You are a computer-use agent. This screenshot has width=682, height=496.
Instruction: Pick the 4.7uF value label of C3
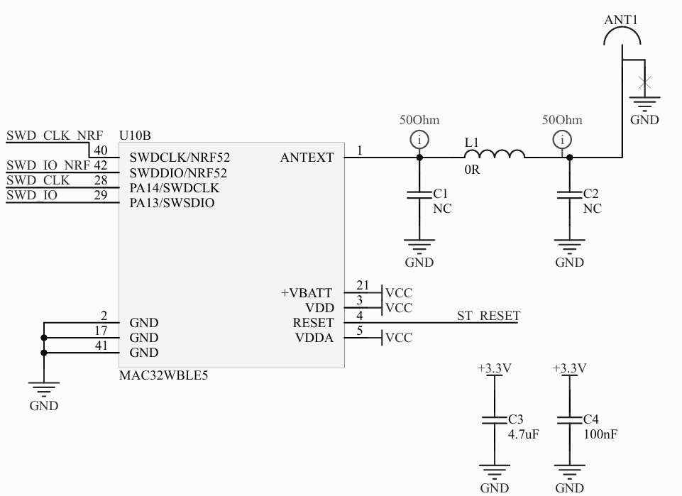[x=524, y=434]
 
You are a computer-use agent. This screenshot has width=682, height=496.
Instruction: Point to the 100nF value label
[x=600, y=434]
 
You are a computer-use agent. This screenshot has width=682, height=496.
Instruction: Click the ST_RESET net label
[x=488, y=316]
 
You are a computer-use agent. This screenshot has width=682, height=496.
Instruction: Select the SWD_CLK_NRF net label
[x=55, y=136]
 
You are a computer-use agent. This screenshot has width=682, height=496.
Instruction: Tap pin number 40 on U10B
[x=101, y=150]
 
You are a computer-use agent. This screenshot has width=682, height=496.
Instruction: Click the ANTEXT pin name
[x=307, y=158]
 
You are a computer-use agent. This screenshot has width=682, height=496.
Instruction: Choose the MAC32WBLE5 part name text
[x=164, y=375]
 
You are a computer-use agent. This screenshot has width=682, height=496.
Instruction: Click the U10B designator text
[x=136, y=136]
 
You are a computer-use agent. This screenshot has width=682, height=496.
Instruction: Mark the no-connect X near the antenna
[x=644, y=82]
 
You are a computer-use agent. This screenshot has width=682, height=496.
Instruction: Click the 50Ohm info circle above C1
[x=419, y=139]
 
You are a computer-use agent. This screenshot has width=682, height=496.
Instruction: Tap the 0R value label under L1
[x=472, y=170]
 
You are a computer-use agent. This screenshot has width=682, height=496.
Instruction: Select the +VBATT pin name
[x=307, y=292]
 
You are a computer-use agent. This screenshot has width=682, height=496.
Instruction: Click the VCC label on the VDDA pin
[x=398, y=338]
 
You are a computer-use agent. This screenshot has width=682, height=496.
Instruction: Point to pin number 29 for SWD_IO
[x=101, y=195]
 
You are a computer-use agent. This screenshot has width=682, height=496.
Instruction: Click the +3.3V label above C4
[x=570, y=368]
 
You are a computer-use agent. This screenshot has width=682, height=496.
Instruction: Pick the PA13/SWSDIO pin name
[x=172, y=203]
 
